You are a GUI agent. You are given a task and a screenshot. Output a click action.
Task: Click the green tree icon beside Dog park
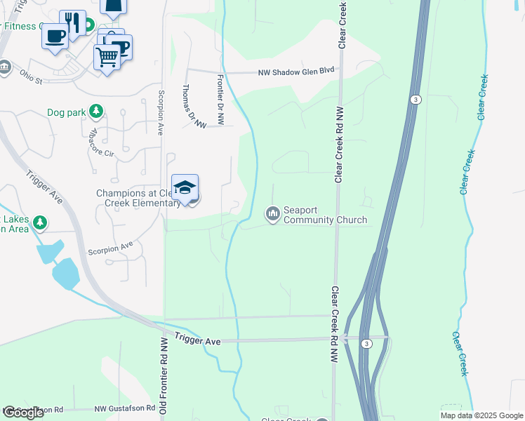(96, 112)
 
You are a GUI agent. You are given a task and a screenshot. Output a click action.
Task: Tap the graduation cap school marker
(185, 187)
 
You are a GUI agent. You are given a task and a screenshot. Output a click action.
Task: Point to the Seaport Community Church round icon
(272, 213)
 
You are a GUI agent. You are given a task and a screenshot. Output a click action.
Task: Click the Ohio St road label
(31, 76)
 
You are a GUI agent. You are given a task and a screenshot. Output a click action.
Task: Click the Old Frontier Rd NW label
(162, 377)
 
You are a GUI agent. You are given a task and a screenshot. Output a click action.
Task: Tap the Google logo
(23, 413)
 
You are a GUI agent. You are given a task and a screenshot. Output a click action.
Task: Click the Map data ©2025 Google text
(481, 415)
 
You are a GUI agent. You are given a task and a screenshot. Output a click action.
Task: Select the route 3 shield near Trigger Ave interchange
(366, 343)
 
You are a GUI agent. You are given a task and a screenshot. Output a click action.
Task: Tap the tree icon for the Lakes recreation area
(40, 223)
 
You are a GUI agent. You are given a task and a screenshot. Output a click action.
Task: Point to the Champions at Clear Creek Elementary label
(138, 199)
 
